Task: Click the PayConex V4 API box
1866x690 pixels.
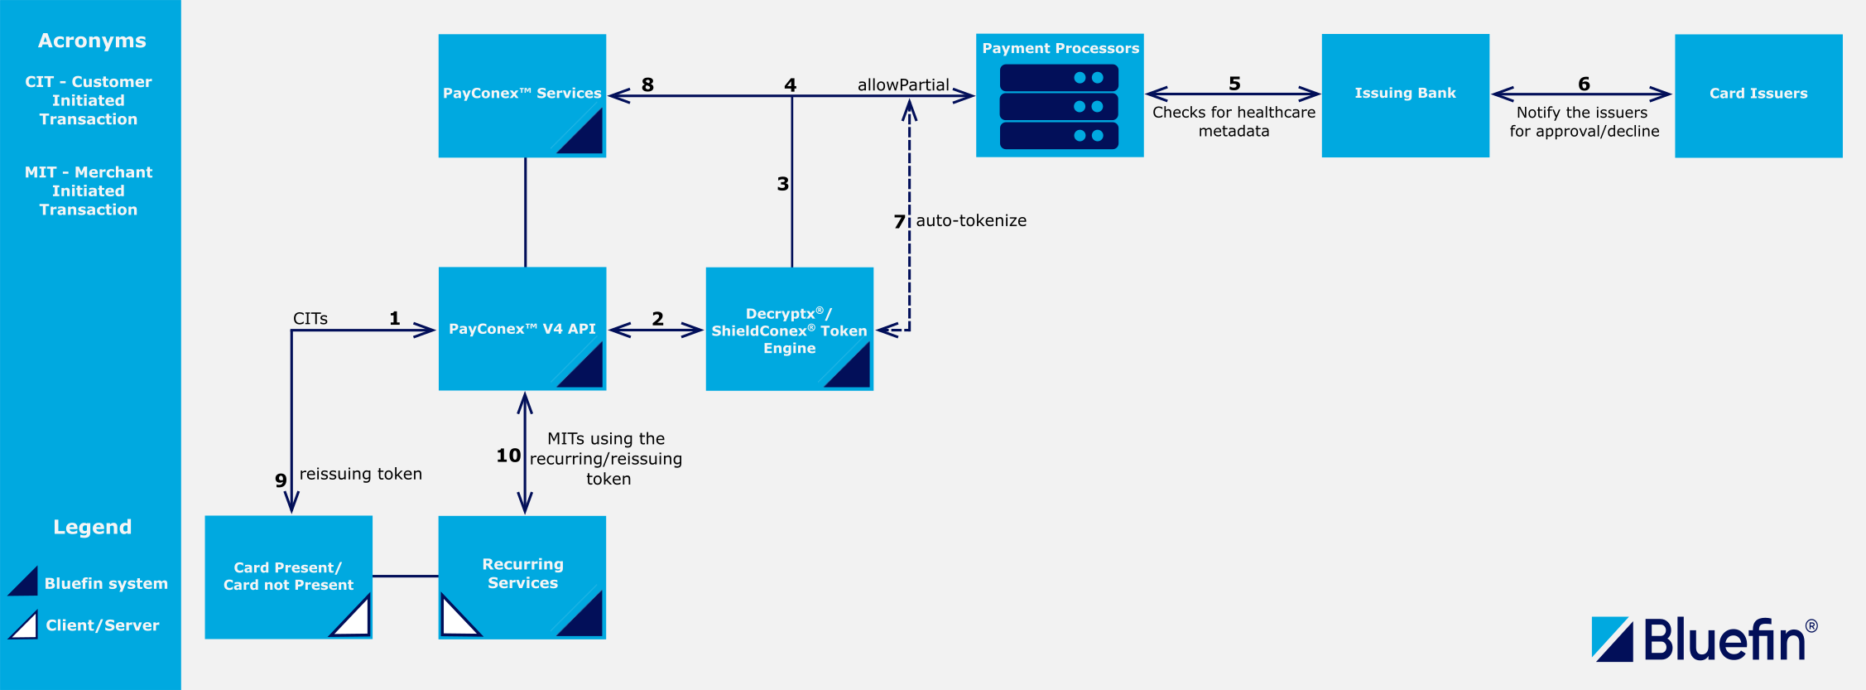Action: coord(522,328)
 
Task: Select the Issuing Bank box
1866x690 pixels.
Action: coord(1405,94)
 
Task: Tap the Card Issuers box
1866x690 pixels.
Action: coord(1758,94)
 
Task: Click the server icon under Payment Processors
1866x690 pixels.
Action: coord(1059,107)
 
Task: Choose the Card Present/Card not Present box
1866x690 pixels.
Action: coord(288,576)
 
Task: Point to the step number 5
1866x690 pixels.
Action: coord(1234,84)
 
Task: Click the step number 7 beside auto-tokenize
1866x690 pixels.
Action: coord(899,221)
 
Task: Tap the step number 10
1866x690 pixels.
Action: coord(508,456)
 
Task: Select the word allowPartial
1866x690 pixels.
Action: coord(902,84)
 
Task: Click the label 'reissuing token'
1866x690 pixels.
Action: coord(360,474)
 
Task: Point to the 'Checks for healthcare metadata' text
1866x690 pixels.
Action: coord(1234,121)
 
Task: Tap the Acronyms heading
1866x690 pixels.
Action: coord(92,41)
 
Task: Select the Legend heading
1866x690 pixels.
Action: coord(92,527)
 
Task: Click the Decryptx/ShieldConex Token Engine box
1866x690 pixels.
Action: coord(789,329)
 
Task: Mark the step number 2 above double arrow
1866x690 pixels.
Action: coord(657,319)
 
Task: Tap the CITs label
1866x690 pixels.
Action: coord(310,319)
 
